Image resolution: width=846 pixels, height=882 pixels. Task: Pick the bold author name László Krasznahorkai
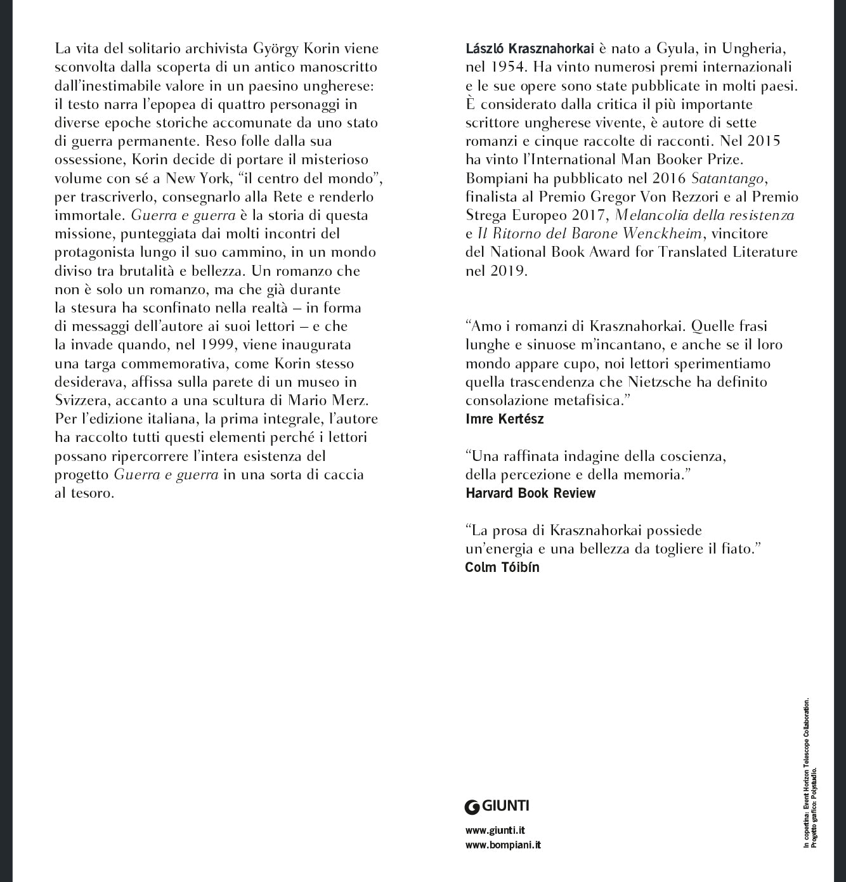530,49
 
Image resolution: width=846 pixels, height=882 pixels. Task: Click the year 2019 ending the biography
508,271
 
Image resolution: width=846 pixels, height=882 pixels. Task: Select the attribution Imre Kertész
504,419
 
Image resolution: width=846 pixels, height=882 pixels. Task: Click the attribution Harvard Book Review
530,493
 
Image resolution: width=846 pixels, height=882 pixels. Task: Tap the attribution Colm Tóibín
502,567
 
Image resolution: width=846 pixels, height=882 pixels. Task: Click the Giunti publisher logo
497,807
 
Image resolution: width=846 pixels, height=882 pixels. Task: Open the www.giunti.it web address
495,831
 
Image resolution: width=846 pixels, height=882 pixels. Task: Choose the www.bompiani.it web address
503,845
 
